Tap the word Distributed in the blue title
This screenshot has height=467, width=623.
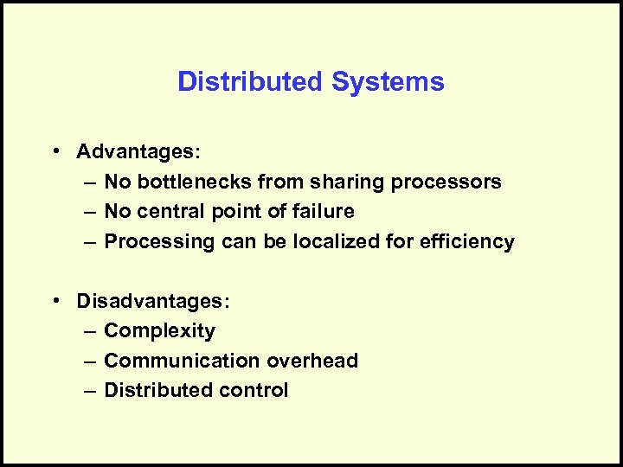coord(250,82)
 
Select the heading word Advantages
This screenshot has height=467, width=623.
coord(137,152)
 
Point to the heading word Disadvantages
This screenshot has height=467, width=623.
coord(152,301)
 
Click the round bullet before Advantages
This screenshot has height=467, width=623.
coord(55,151)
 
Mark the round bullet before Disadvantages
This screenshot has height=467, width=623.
coord(55,300)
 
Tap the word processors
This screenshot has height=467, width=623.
coord(446,182)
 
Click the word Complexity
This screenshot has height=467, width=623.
coord(159,330)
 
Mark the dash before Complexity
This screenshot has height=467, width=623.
coord(91,331)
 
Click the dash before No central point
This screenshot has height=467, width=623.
coord(91,212)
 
